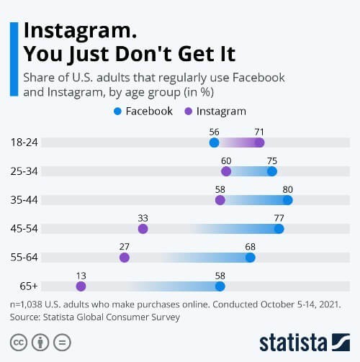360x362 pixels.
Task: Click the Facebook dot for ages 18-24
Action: (214, 143)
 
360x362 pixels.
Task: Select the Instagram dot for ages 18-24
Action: (259, 143)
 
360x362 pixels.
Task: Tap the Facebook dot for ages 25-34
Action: (271, 171)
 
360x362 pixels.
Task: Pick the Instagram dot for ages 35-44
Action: (220, 200)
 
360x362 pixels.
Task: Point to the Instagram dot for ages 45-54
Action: (143, 229)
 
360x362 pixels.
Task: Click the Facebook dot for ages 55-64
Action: (251, 257)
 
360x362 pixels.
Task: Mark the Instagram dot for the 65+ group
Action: (81, 286)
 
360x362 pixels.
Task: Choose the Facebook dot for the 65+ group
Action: (220, 286)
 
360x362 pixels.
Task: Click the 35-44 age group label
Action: (24, 200)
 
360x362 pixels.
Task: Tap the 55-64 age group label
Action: (24, 257)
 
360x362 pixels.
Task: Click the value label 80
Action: (287, 189)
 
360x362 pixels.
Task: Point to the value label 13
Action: (81, 275)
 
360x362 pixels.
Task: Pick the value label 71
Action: (259, 132)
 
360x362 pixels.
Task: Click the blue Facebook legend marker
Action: (119, 112)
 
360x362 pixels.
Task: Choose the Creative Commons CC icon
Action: (18, 341)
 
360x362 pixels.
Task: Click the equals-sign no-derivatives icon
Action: (63, 341)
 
